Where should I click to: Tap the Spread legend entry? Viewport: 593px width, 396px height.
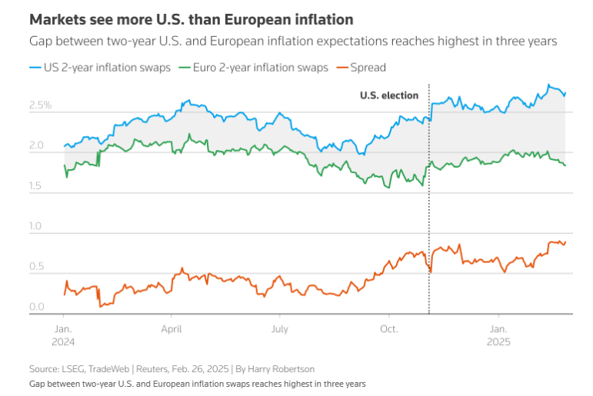tap(367, 68)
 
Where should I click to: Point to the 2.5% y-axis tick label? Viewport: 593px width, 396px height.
tap(40, 105)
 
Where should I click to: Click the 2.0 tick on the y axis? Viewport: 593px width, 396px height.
tap(38, 145)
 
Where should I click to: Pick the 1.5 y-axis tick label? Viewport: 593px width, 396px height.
tap(38, 186)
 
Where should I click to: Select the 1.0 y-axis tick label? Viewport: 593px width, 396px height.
tap(38, 226)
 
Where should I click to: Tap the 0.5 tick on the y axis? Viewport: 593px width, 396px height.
tap(38, 267)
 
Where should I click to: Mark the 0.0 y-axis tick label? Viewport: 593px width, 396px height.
tap(38, 308)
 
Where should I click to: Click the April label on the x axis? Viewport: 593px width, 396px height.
tap(172, 327)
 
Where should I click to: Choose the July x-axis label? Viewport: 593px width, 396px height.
tap(280, 327)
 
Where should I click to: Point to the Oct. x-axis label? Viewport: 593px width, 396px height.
tap(388, 327)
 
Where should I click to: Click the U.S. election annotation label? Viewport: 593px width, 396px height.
tap(389, 95)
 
